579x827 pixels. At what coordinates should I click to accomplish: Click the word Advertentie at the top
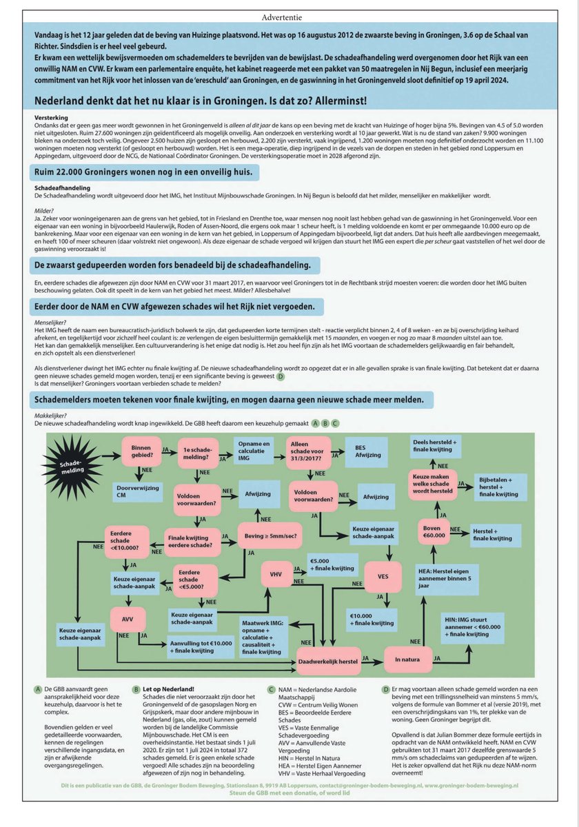(x=289, y=15)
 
